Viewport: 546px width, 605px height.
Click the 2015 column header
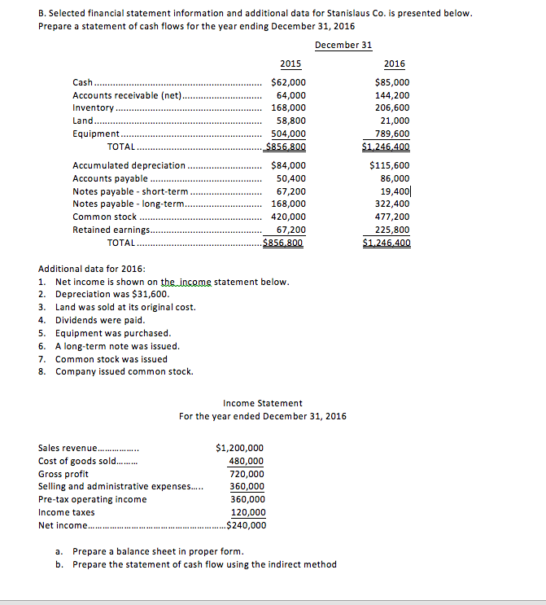(x=290, y=64)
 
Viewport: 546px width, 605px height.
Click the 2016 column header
(x=394, y=64)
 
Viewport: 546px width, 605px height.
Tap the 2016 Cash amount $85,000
(x=392, y=82)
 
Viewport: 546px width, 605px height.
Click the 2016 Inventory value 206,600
(x=391, y=107)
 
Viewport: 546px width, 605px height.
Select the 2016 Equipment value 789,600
(x=391, y=134)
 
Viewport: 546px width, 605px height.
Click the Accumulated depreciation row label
(x=129, y=165)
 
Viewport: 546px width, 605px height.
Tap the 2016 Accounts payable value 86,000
(x=394, y=178)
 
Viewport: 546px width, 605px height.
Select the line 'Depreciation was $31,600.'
(x=111, y=294)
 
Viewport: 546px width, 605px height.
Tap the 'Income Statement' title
(x=262, y=403)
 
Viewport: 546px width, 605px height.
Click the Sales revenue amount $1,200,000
(x=238, y=448)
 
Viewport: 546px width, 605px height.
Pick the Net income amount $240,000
(x=243, y=525)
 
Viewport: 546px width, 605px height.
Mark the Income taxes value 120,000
(x=248, y=512)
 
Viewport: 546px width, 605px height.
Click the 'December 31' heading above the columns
(x=343, y=45)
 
